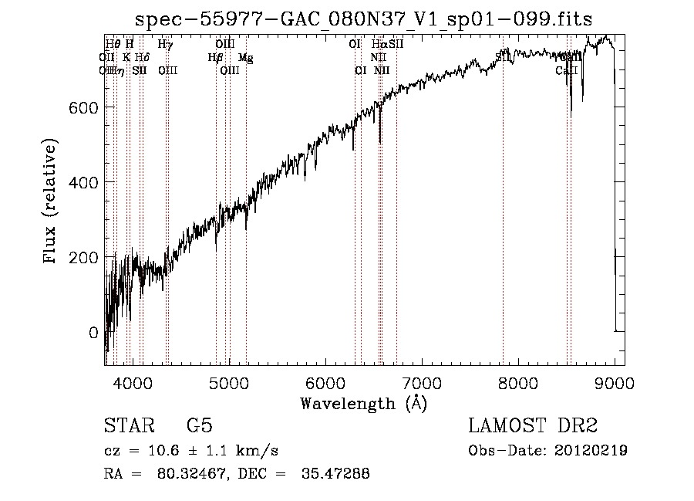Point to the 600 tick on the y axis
coord(87,107)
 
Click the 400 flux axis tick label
coord(87,181)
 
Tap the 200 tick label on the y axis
coord(87,257)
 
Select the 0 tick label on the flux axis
coord(94,333)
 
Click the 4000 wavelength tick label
coord(133,381)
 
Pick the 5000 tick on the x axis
coord(229,381)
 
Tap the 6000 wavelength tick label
coord(325,381)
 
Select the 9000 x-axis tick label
coord(614,381)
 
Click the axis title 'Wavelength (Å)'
coord(363,403)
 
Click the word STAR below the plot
coord(128,426)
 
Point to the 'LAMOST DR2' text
coord(533,426)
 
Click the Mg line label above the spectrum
coord(245,58)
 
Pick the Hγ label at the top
coord(165,45)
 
